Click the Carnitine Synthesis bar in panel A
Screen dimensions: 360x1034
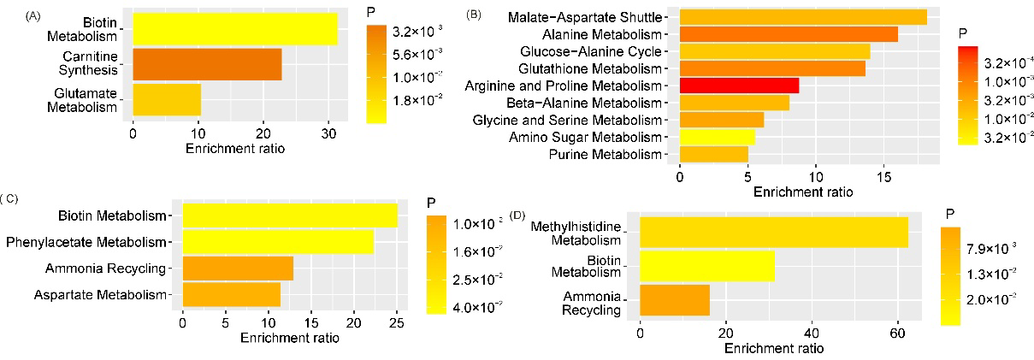(207, 65)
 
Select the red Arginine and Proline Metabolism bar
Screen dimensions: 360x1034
(739, 86)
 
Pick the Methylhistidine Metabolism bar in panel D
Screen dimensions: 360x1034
(773, 233)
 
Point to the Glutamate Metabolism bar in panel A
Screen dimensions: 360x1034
(167, 100)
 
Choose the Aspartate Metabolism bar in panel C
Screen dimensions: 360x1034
(231, 295)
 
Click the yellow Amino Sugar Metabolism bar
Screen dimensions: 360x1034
(717, 137)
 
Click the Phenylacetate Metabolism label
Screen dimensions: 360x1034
(86, 243)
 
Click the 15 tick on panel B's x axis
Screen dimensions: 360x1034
(885, 177)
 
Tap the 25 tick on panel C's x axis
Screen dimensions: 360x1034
(396, 323)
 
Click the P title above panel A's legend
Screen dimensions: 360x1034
(371, 13)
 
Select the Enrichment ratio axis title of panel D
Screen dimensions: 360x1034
(774, 349)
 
